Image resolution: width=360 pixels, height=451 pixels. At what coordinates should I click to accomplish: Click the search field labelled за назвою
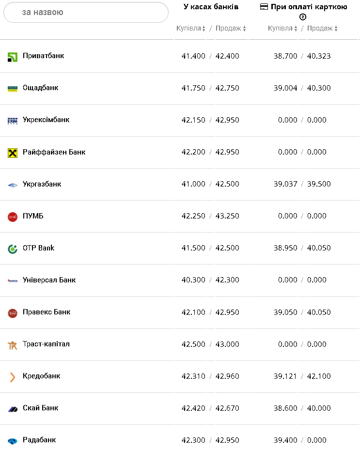pyautogui.click(x=86, y=12)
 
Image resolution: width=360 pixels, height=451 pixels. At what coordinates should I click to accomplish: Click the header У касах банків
pyautogui.click(x=211, y=7)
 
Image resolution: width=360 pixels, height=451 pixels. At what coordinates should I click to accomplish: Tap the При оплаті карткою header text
pyautogui.click(x=308, y=7)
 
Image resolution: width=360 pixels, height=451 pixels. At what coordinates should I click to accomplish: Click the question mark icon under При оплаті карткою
pyautogui.click(x=303, y=17)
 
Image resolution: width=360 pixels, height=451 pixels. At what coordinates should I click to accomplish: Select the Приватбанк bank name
pyautogui.click(x=43, y=56)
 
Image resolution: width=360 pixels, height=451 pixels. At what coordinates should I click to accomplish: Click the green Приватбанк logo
pyautogui.click(x=13, y=57)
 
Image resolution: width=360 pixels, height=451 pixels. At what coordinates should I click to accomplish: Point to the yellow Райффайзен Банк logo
pyautogui.click(x=13, y=153)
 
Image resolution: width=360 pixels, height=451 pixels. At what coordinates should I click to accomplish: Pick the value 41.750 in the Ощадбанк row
pyautogui.click(x=193, y=88)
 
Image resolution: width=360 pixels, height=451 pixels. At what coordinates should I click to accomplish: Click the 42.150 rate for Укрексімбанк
pyautogui.click(x=193, y=120)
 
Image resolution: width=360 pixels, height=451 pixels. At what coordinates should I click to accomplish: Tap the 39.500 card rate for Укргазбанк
pyautogui.click(x=319, y=184)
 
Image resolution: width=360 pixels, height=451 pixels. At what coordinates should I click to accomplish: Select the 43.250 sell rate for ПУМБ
pyautogui.click(x=227, y=216)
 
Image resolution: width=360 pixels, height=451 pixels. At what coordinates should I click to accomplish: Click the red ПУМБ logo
pyautogui.click(x=13, y=217)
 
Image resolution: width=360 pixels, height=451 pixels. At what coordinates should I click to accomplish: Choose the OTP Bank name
pyautogui.click(x=38, y=248)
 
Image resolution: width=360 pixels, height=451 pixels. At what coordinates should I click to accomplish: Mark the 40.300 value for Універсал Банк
pyautogui.click(x=193, y=280)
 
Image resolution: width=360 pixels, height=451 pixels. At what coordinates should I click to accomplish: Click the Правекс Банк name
pyautogui.click(x=47, y=312)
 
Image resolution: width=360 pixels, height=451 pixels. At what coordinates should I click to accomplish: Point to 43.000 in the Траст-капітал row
pyautogui.click(x=227, y=344)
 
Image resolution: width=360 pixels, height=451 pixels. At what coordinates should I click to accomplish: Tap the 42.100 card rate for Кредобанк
pyautogui.click(x=319, y=376)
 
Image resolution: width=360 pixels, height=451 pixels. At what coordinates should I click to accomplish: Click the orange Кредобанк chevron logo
pyautogui.click(x=13, y=377)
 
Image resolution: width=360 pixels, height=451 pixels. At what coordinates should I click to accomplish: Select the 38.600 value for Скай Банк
pyautogui.click(x=285, y=408)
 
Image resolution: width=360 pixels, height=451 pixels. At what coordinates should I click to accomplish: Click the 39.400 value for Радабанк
pyautogui.click(x=285, y=440)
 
